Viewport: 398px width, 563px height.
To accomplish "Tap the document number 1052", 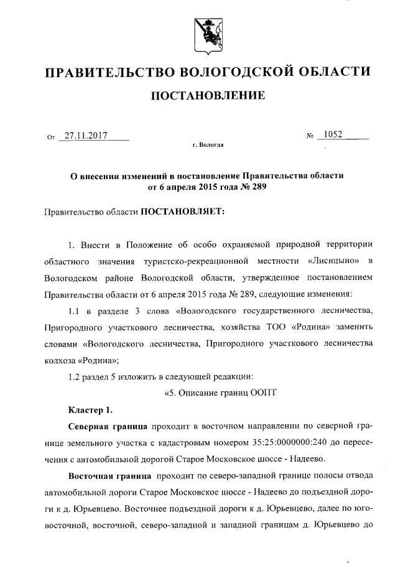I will click(333, 134).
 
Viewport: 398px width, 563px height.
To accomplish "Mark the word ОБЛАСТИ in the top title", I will click(334, 72).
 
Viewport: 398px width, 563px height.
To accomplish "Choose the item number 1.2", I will click(75, 376).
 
